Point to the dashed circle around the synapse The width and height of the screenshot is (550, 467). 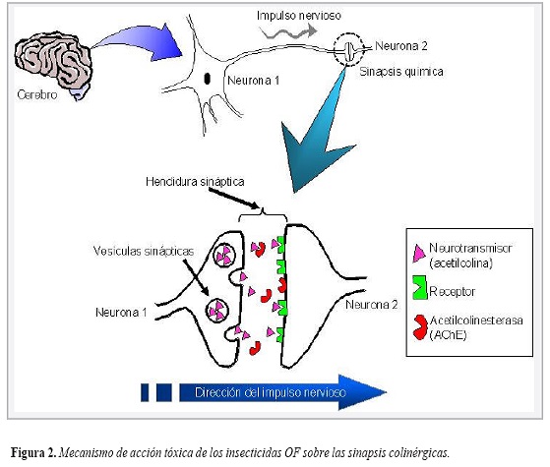351,47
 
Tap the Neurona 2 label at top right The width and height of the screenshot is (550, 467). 401,45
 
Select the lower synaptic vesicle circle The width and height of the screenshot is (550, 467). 216,312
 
